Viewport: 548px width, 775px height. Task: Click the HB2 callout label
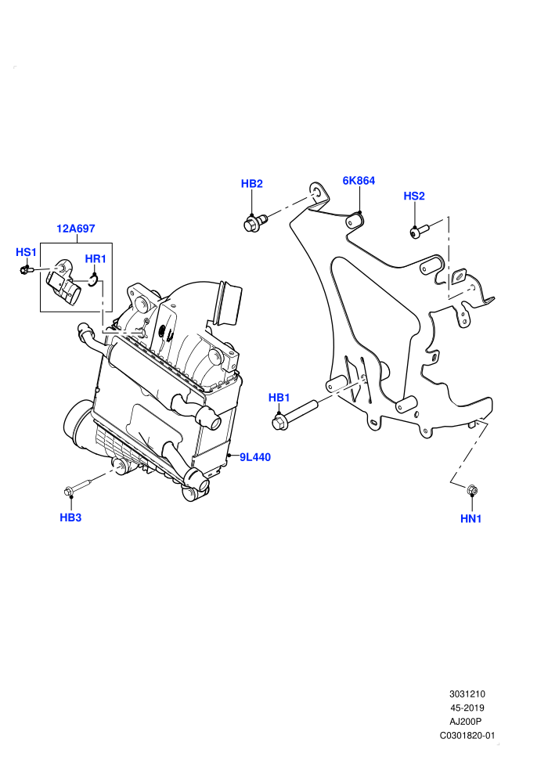click(x=251, y=184)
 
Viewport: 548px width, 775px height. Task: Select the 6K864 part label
click(x=359, y=181)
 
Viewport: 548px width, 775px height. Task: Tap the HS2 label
click(x=414, y=196)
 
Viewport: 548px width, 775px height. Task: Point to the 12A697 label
click(x=76, y=229)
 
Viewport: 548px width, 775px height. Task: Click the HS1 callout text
click(x=26, y=253)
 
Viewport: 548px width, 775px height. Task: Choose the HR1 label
click(x=96, y=259)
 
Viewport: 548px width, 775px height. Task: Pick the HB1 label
click(x=279, y=398)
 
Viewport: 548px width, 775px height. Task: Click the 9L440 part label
click(x=255, y=458)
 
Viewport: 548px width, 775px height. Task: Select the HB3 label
click(x=70, y=517)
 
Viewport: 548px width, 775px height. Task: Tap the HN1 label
click(x=471, y=518)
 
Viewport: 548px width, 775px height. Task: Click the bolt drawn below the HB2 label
click(x=255, y=222)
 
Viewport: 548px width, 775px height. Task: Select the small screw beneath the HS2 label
click(x=419, y=230)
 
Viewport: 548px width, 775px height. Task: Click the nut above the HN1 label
click(x=472, y=490)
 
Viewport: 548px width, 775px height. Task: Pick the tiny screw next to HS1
click(x=26, y=270)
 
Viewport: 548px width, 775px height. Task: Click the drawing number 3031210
click(x=467, y=694)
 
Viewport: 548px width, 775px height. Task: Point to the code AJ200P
click(x=465, y=722)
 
